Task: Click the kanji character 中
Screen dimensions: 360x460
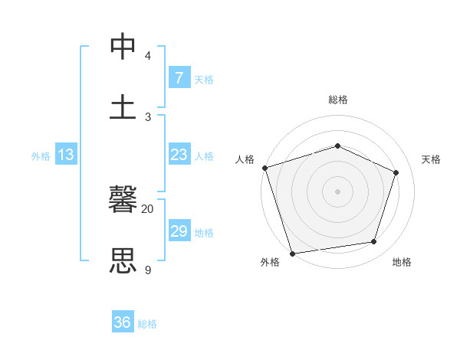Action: [x=124, y=47]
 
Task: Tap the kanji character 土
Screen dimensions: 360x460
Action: [x=124, y=106]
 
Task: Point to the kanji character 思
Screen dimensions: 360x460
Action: [x=124, y=260]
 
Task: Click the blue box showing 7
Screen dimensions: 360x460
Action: [x=179, y=78]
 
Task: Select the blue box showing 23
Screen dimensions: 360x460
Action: [x=179, y=155]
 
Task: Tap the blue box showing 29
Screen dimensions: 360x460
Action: [x=179, y=231]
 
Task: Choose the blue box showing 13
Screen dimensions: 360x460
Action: [x=66, y=155]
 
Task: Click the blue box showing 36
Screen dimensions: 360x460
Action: [x=123, y=323]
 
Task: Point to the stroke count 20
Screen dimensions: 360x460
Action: [x=148, y=208]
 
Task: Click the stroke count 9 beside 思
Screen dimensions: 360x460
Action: [x=148, y=270]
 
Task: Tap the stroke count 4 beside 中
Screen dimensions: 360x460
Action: [x=148, y=56]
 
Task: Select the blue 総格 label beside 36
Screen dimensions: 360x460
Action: [x=147, y=324]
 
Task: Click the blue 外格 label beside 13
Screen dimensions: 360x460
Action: [x=41, y=156]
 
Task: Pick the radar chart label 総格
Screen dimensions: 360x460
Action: [x=338, y=100]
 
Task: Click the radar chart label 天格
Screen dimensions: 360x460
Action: [x=432, y=159]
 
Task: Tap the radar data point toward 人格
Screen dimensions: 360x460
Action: [x=265, y=168]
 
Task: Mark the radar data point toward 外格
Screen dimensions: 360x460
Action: [x=292, y=253]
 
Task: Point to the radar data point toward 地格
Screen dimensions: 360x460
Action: [x=374, y=242]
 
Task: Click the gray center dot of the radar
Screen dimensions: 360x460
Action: [x=338, y=191]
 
